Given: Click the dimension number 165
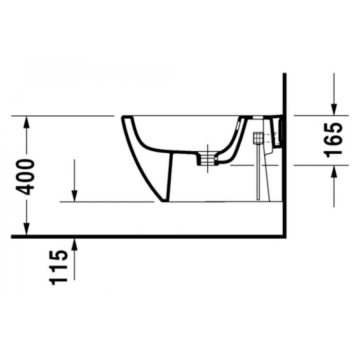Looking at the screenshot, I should [x=334, y=139].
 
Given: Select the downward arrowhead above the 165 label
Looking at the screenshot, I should [x=334, y=109].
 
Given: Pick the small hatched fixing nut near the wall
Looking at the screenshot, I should [x=259, y=138].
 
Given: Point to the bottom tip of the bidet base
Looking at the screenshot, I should [x=164, y=201].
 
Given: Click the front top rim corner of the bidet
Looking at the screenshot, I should [x=123, y=117].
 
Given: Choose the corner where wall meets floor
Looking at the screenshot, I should [x=284, y=237].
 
